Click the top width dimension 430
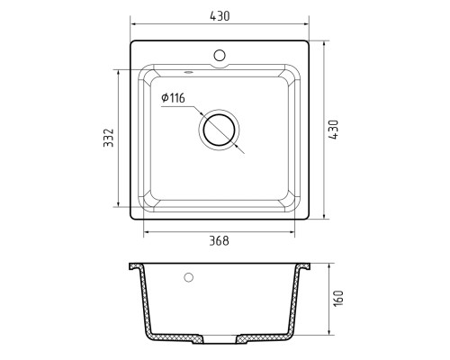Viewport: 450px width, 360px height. tap(220, 16)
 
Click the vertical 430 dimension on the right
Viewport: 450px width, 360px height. tap(333, 130)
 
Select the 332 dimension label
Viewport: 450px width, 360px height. tap(109, 138)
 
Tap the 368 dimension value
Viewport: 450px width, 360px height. tap(219, 241)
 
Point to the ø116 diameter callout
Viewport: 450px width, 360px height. tap(173, 98)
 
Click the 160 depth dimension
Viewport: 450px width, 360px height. tap(338, 298)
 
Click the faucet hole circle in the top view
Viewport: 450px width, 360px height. tap(220, 55)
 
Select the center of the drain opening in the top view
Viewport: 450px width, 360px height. tap(219, 130)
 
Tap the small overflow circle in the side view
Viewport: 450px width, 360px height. tap(188, 277)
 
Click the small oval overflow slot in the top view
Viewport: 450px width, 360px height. tap(188, 72)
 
